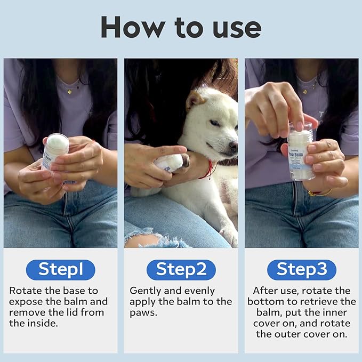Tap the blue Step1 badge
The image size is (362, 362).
click(x=60, y=270)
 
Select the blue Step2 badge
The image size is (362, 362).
click(x=181, y=270)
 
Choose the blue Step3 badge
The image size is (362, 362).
click(x=301, y=270)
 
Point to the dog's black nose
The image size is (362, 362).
click(x=233, y=145)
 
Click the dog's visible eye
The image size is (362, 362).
click(x=214, y=123)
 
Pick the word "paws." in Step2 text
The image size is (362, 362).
click(x=143, y=312)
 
